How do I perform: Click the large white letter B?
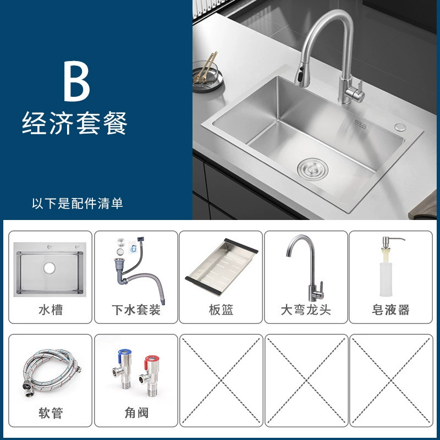coord(76,81)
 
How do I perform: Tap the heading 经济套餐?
coord(75,123)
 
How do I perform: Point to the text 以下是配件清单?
coord(77,204)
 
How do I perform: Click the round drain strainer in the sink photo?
coord(312,169)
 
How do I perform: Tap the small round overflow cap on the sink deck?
coord(400,127)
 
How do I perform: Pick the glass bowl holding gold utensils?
coord(208,75)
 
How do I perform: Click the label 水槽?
coord(51,310)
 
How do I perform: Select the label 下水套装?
coord(136,310)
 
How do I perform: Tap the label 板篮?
coord(221,310)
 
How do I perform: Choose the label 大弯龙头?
coord(306,310)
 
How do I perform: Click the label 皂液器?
coord(391,310)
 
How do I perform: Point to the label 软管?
coord(51,413)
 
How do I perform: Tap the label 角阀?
coord(136,413)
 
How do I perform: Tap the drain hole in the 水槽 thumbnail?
coord(50,268)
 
